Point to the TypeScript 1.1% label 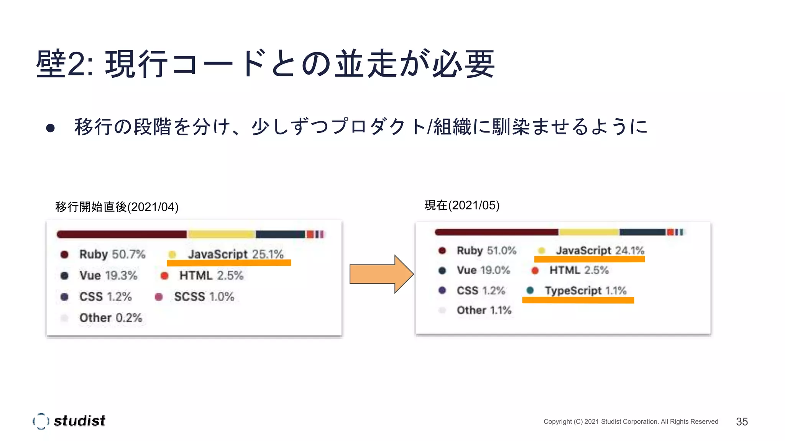(x=585, y=291)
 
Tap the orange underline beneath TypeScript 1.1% (x=578, y=300)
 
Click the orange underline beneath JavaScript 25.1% (x=229, y=263)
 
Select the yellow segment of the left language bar (x=221, y=234)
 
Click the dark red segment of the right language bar (x=496, y=232)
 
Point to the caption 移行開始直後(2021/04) (x=117, y=207)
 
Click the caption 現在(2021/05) (x=462, y=206)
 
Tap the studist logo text (x=79, y=421)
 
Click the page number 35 (x=742, y=421)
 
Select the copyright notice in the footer (x=631, y=421)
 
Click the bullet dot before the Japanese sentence (x=50, y=128)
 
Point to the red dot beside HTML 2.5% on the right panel (x=535, y=271)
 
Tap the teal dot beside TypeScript (x=530, y=291)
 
